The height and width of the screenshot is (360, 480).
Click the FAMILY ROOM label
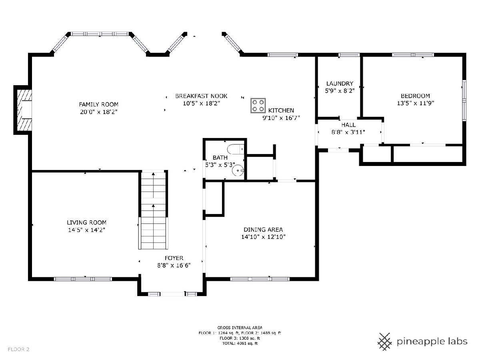[x=99, y=104]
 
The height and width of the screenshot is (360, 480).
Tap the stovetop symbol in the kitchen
[x=258, y=106]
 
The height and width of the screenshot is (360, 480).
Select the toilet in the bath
[x=236, y=150]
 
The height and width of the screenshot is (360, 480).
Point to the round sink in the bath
[x=238, y=170]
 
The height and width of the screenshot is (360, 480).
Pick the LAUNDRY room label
[x=340, y=84]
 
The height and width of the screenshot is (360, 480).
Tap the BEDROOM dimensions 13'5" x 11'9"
[x=415, y=103]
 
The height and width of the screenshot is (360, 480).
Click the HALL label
[x=348, y=125]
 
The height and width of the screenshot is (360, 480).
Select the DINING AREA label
[x=263, y=230]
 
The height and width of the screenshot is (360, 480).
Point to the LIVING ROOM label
[x=86, y=222]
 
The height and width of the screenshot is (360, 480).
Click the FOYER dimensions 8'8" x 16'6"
[x=174, y=265]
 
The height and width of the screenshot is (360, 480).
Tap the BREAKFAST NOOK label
[x=201, y=96]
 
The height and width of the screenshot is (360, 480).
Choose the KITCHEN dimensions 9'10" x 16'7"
[x=281, y=118]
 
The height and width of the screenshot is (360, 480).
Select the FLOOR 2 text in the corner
[x=18, y=349]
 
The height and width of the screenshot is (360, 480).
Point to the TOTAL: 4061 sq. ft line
[x=240, y=343]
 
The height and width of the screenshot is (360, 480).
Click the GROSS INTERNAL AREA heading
[x=240, y=328]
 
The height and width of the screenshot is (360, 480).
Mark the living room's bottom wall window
[x=83, y=279]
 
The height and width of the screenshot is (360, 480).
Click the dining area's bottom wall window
[x=260, y=279]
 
